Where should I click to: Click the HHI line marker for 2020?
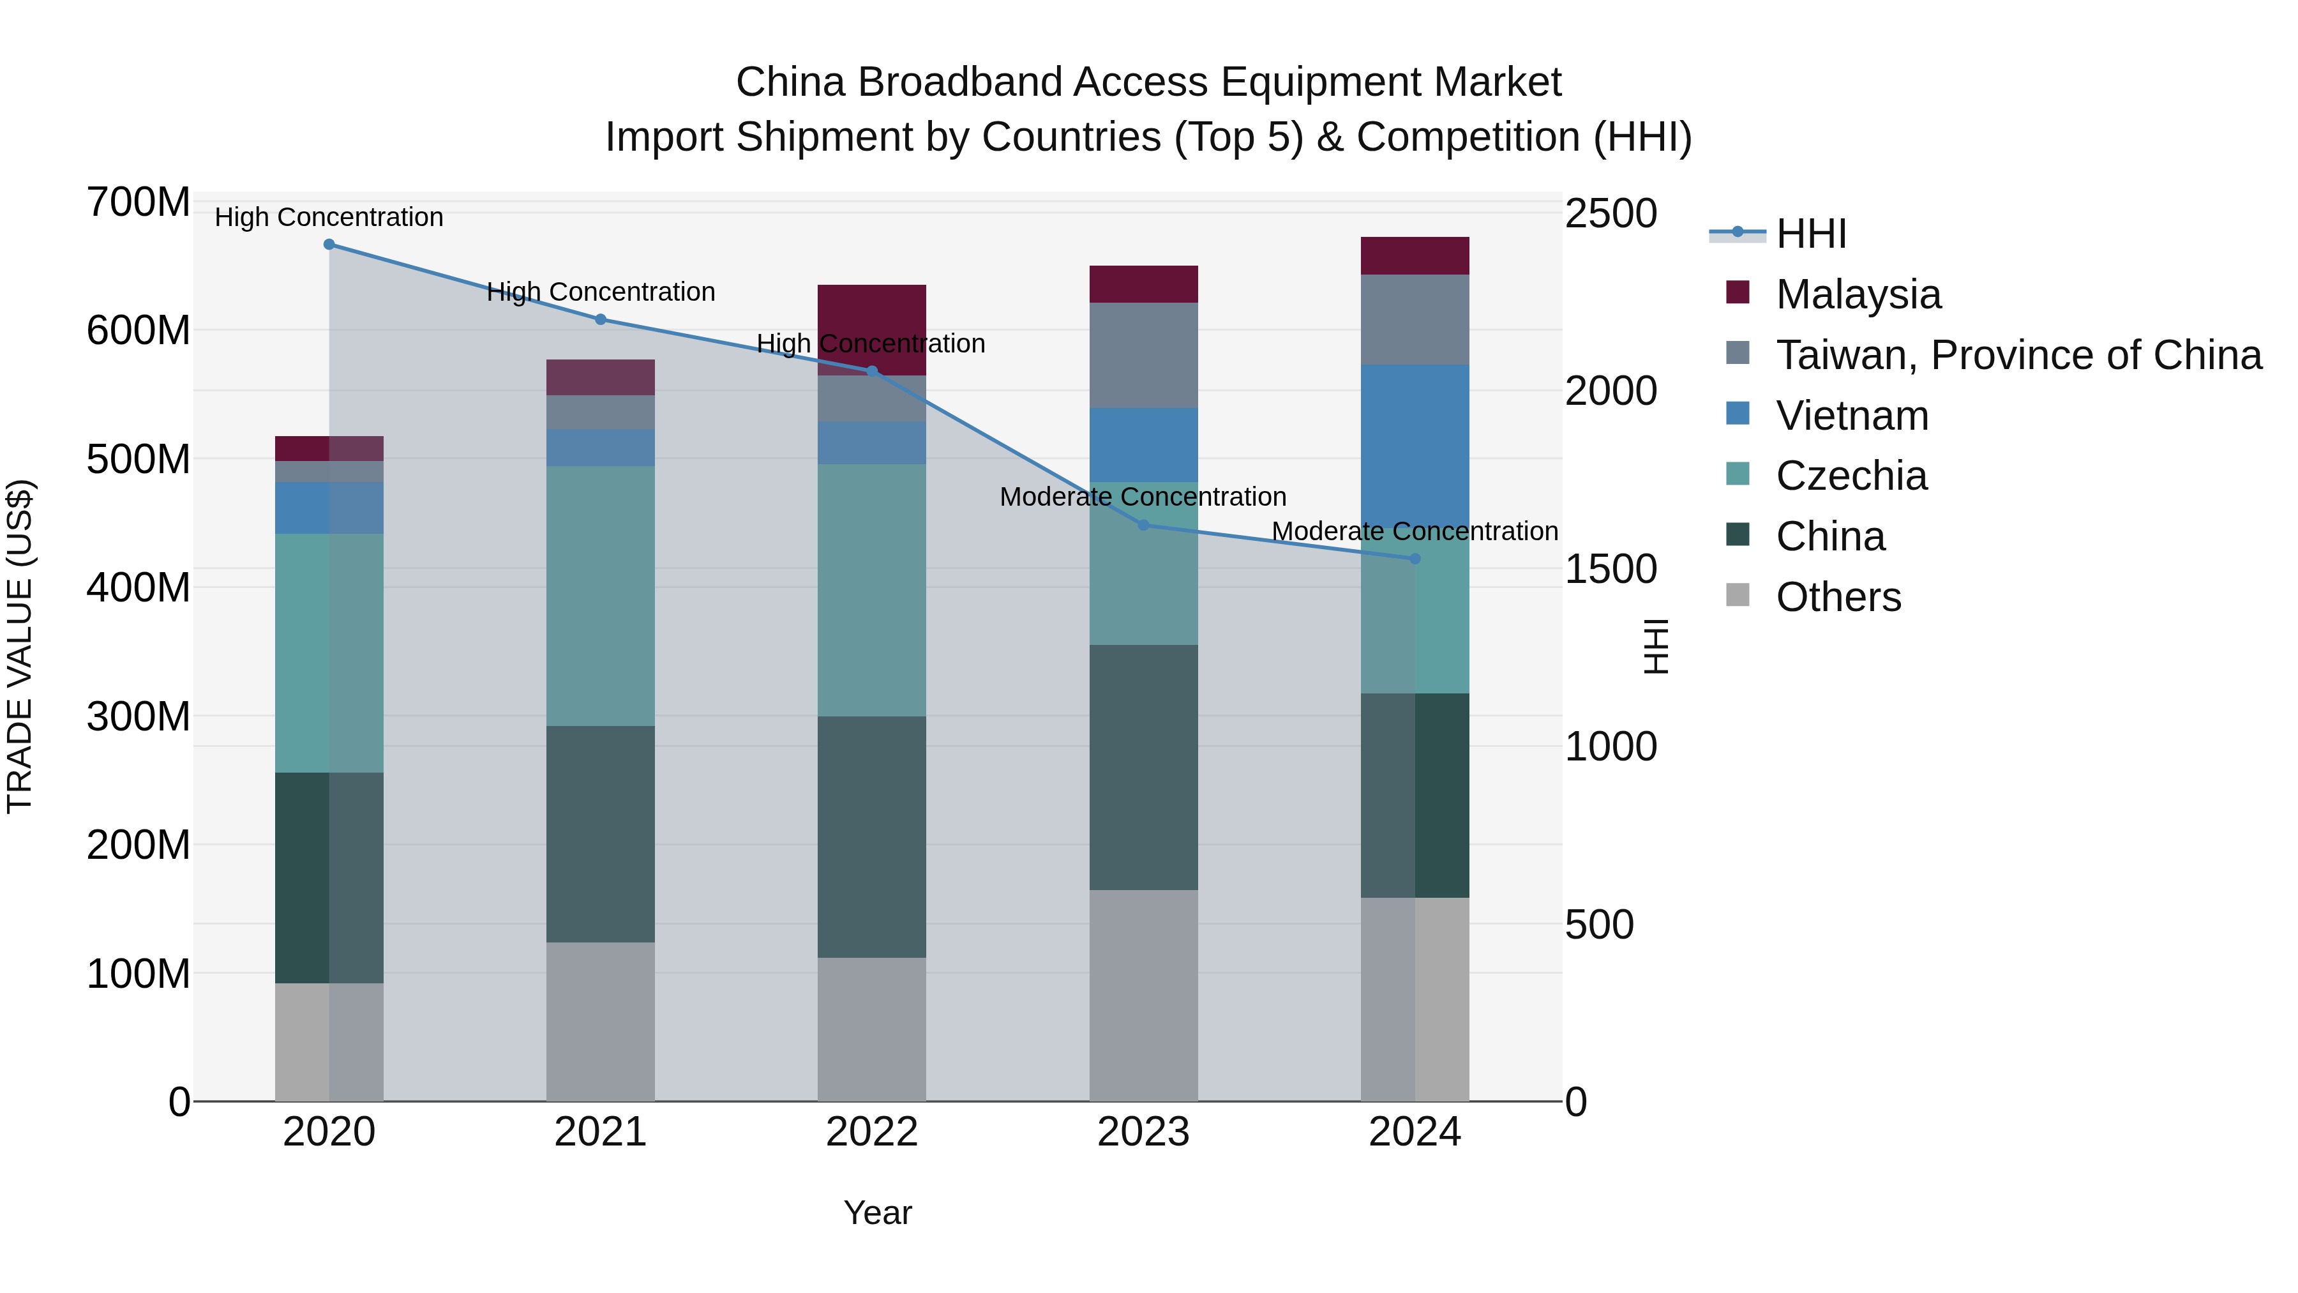(x=329, y=245)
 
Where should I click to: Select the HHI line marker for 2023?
(x=1144, y=526)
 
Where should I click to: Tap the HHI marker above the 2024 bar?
(x=1415, y=559)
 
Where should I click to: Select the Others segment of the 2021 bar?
(x=601, y=1021)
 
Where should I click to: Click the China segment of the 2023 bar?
(x=1144, y=767)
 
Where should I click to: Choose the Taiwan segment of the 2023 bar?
(x=1144, y=355)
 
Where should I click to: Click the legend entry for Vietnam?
(x=1852, y=416)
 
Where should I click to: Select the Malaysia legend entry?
(x=1858, y=294)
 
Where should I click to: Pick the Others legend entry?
(x=1838, y=597)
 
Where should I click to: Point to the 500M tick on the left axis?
(x=139, y=460)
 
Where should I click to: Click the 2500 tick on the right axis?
(x=1611, y=214)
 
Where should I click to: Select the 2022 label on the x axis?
(x=871, y=1132)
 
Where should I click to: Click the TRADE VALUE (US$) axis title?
(x=20, y=646)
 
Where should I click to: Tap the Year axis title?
(x=878, y=1213)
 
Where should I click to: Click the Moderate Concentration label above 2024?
(x=1415, y=531)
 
